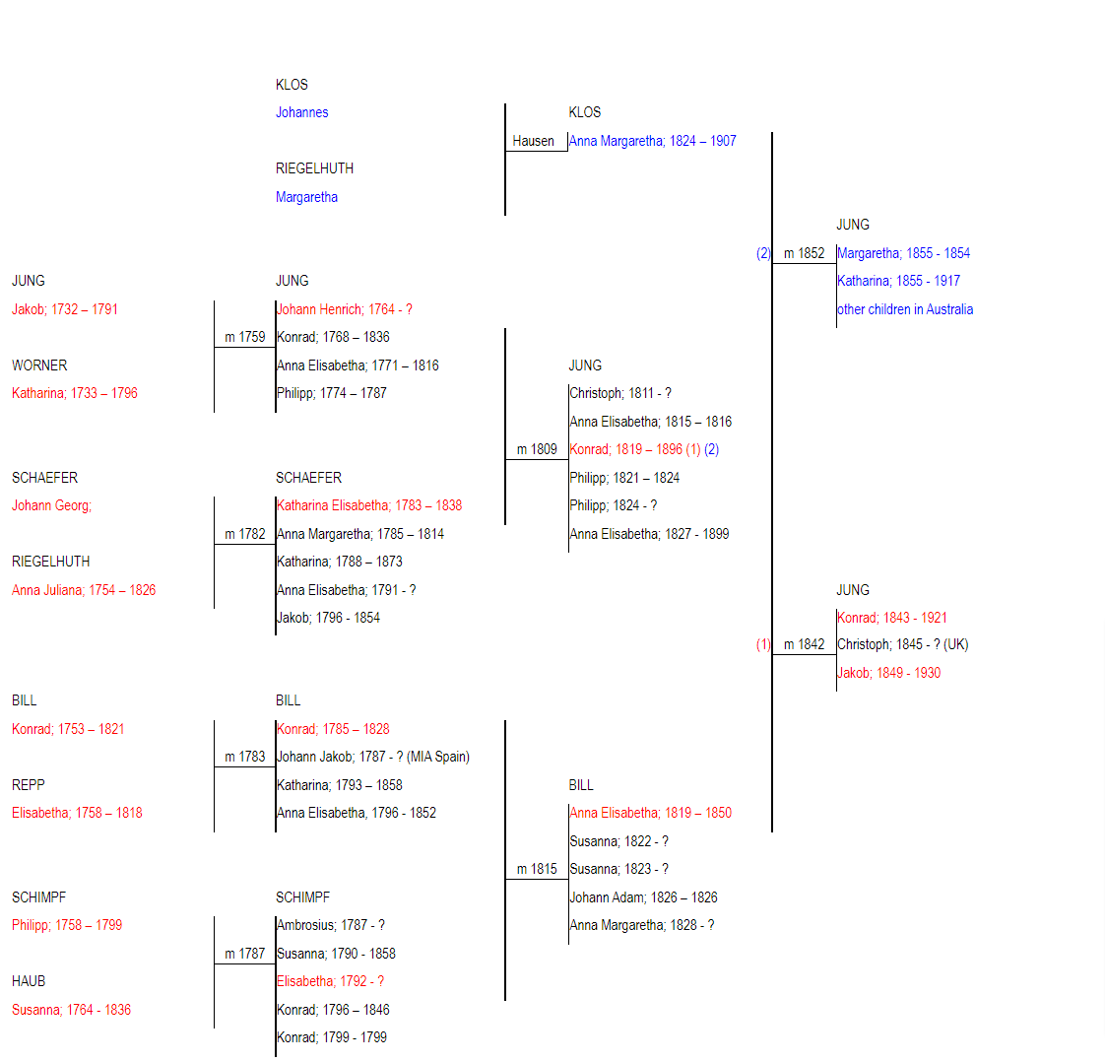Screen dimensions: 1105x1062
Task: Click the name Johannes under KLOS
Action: [x=301, y=112]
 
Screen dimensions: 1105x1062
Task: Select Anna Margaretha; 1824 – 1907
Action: [x=653, y=141]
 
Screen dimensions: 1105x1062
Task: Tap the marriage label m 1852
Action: [x=804, y=253]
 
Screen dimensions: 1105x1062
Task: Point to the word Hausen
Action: [x=533, y=141]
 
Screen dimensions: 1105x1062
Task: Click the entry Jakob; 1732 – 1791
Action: [x=65, y=309]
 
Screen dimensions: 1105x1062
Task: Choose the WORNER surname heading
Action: [x=39, y=365]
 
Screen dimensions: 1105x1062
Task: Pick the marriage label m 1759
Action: [x=244, y=338]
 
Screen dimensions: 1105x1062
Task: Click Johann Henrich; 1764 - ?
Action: [x=345, y=309]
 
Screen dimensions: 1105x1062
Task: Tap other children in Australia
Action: [x=905, y=309]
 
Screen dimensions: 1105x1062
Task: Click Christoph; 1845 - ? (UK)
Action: [x=903, y=645]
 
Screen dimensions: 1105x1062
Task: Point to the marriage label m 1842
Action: [x=804, y=645]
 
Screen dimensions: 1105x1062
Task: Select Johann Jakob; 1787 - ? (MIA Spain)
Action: [x=373, y=757]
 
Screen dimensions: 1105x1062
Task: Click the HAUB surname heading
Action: [x=29, y=981]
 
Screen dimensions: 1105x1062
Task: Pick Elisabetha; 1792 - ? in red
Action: [x=331, y=981]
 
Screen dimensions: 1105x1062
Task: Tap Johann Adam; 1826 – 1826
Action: [x=643, y=897]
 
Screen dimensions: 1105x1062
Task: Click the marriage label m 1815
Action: [x=537, y=870]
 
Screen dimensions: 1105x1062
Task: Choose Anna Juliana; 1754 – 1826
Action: [x=84, y=590]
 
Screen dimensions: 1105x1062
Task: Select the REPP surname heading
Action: [x=29, y=785]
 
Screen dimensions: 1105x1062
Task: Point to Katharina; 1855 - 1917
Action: [x=898, y=281]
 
